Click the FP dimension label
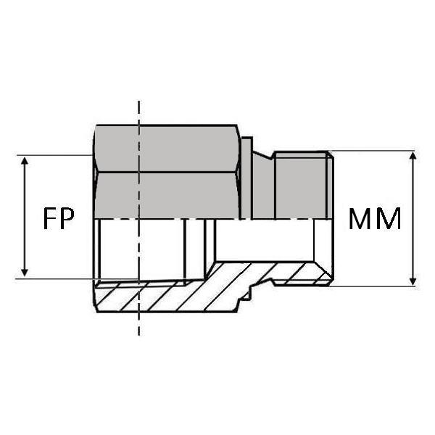[59, 219]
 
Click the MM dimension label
[375, 219]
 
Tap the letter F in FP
[49, 219]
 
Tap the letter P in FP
[67, 219]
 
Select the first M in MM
[361, 219]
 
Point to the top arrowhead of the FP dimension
[25, 161]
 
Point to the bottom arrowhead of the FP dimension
[25, 273]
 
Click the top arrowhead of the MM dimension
[413, 157]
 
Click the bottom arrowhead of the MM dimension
[413, 281]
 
